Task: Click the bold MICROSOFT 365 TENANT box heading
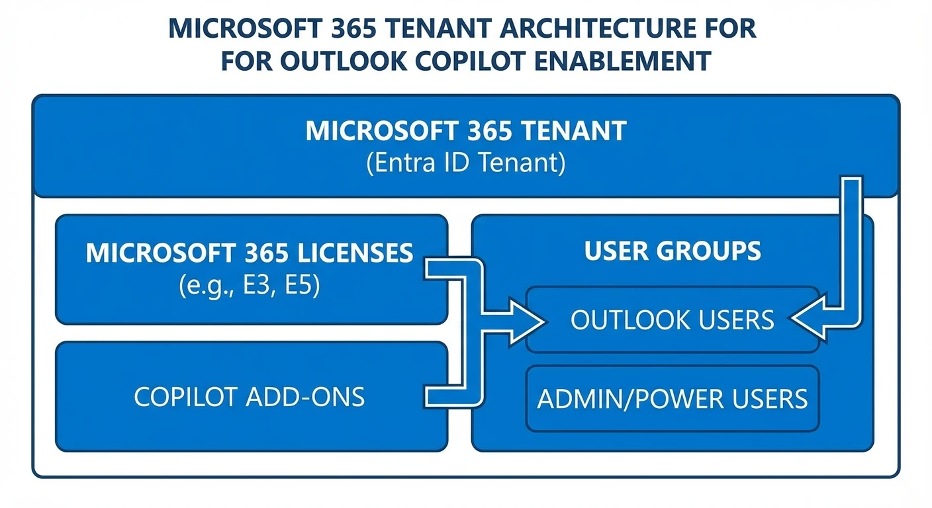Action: pos(465,131)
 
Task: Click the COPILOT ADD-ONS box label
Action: pos(249,397)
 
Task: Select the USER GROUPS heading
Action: pos(673,251)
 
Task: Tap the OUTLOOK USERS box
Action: pos(673,320)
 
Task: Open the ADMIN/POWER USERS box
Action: pos(673,399)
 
